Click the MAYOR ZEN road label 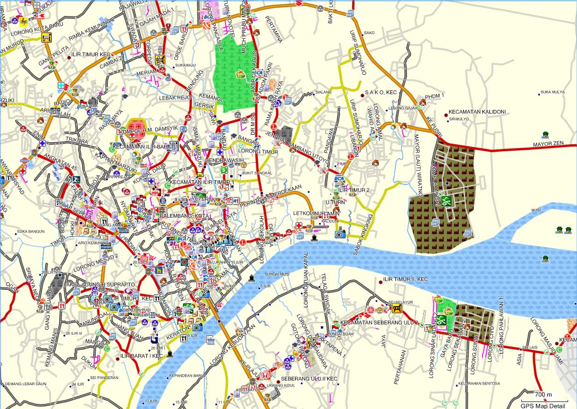click(549, 145)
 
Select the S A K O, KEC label click(381, 93)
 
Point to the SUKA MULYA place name click(552, 92)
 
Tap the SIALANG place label click(323, 92)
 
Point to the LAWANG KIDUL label click(277, 386)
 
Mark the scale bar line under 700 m click(545, 401)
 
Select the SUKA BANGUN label click(31, 231)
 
